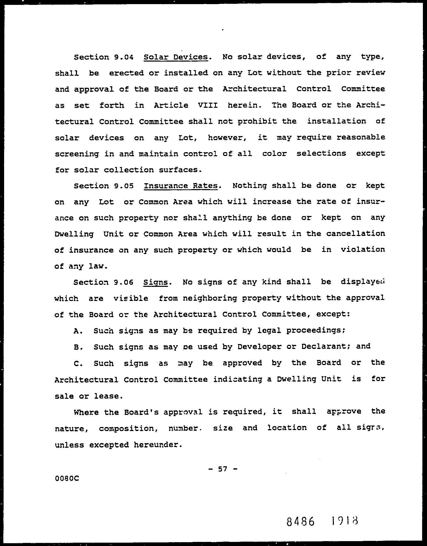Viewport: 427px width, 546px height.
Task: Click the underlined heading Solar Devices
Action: tap(176, 57)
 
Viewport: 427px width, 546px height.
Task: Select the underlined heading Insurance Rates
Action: tap(181, 186)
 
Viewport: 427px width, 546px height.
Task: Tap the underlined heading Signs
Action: tap(155, 282)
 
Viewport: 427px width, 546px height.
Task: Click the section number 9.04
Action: tap(124, 57)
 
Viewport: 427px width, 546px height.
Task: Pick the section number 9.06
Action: tap(123, 282)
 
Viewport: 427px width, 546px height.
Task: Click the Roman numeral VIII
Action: tap(208, 105)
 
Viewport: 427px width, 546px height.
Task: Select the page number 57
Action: tap(222, 469)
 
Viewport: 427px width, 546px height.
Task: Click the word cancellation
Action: tap(356, 234)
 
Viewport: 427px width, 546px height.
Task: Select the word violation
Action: tap(363, 250)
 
